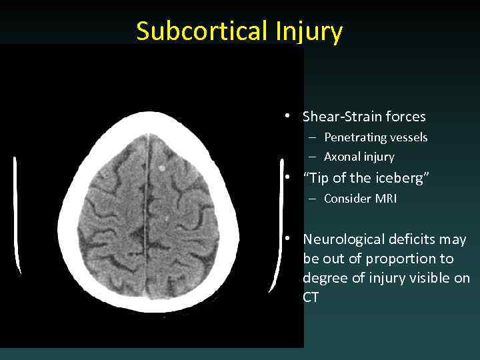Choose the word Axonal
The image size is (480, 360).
pos(341,157)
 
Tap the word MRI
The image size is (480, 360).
pos(385,199)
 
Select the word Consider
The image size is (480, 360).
pos(347,199)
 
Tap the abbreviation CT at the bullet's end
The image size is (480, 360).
pos(311,297)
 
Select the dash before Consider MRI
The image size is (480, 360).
pos(311,199)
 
